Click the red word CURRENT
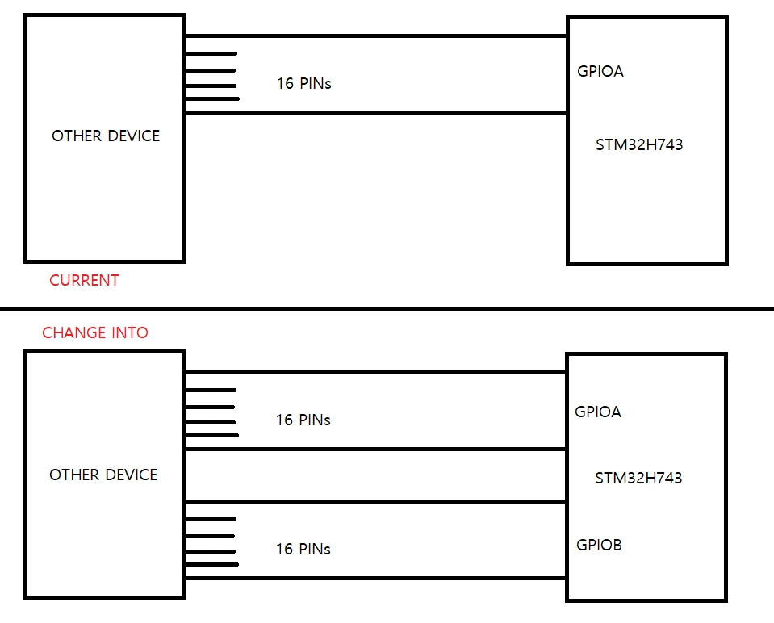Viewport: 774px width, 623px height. [84, 280]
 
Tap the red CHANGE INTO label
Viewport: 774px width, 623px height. [94, 332]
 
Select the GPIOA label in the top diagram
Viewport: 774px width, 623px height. [600, 71]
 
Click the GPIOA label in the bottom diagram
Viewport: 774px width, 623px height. [598, 412]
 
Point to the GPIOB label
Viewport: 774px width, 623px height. [599, 545]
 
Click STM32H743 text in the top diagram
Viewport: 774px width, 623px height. [639, 144]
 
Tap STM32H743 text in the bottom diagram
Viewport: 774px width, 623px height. [638, 478]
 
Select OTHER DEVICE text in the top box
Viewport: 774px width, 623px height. [106, 136]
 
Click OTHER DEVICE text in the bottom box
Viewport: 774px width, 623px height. [103, 475]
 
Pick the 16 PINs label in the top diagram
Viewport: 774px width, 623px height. [303, 83]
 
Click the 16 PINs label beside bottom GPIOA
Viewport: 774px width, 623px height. [303, 420]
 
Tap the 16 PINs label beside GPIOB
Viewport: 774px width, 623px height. [303, 549]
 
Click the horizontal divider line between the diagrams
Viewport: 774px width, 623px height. [387, 310]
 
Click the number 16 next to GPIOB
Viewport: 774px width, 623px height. [284, 549]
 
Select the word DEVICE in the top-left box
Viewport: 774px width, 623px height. [133, 136]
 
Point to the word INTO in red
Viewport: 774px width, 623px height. [130, 332]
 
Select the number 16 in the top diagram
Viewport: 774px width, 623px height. [285, 83]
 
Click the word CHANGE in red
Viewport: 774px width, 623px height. [74, 332]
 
